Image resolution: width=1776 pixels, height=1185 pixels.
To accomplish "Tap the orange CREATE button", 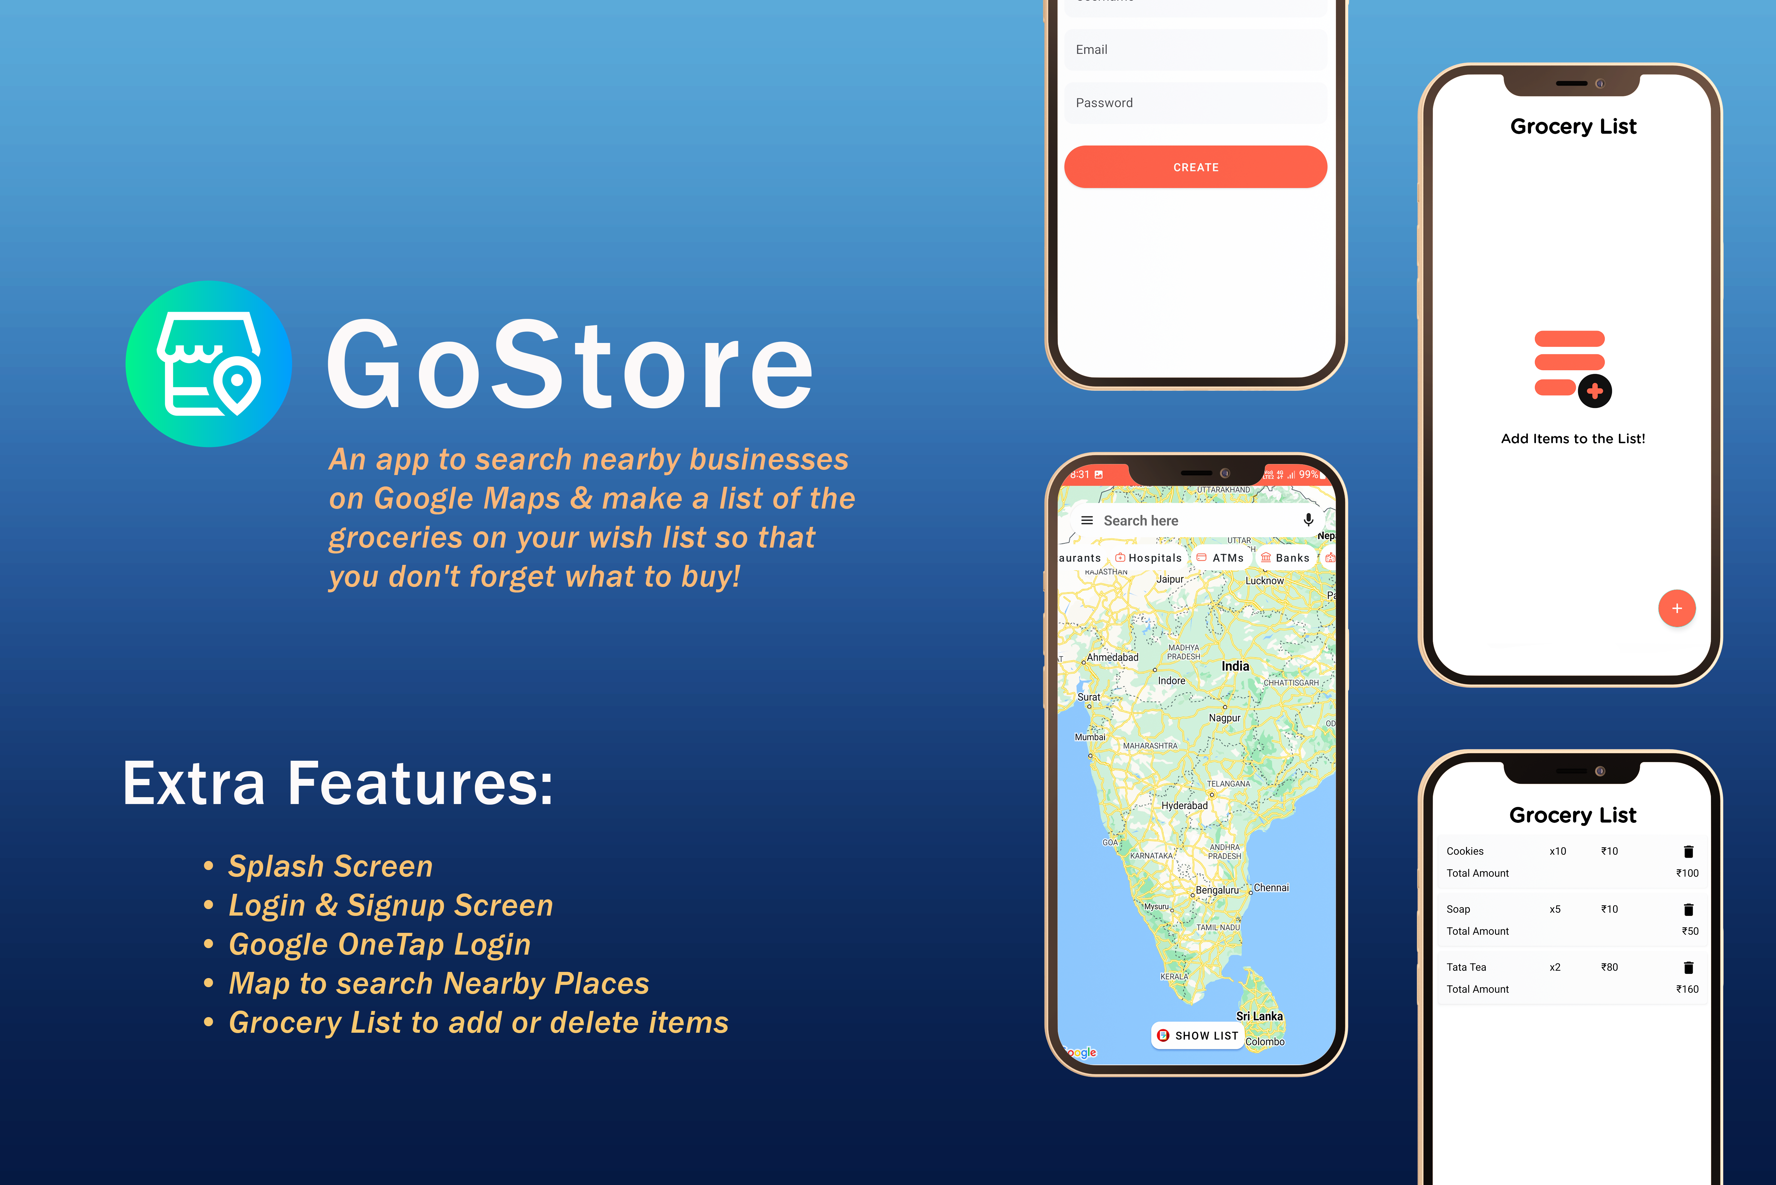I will [x=1195, y=167].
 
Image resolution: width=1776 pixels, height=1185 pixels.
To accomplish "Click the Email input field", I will [x=1195, y=50].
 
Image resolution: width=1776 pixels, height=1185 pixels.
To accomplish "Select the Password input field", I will [x=1195, y=103].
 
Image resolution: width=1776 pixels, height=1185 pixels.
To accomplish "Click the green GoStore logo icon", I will [x=209, y=363].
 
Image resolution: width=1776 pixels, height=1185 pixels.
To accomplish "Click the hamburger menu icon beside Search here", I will [x=1087, y=520].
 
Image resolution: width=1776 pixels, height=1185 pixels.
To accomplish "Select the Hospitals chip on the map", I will [x=1149, y=558].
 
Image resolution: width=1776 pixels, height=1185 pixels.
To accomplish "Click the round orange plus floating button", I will [x=1676, y=608].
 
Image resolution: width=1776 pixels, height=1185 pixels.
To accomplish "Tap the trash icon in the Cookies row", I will [x=1689, y=852].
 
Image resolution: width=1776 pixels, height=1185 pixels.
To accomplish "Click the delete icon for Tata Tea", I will [x=1689, y=967].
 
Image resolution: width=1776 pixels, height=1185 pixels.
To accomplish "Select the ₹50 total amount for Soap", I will [x=1690, y=931].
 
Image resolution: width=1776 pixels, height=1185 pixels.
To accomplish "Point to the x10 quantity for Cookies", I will [x=1558, y=851].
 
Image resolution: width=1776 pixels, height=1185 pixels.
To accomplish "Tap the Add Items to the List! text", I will [x=1573, y=438].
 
